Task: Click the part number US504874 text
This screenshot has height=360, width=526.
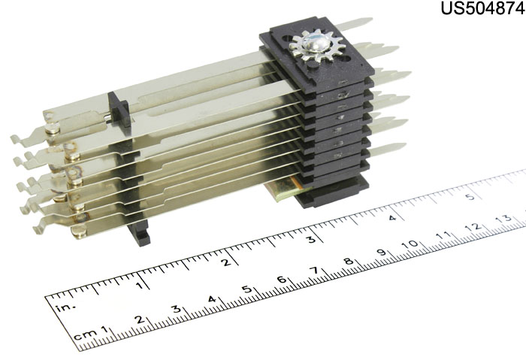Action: (x=482, y=8)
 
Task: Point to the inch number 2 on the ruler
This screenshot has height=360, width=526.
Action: (x=227, y=262)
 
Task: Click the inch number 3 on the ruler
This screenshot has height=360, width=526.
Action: (x=311, y=239)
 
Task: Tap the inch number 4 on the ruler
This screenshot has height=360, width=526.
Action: (x=392, y=217)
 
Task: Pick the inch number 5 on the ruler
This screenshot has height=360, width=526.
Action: (x=470, y=197)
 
